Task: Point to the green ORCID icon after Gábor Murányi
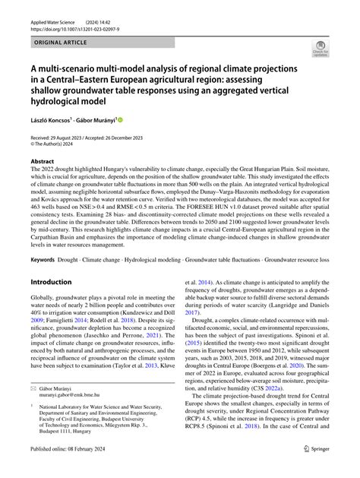[x=120, y=119]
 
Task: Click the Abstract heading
[x=43, y=162]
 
